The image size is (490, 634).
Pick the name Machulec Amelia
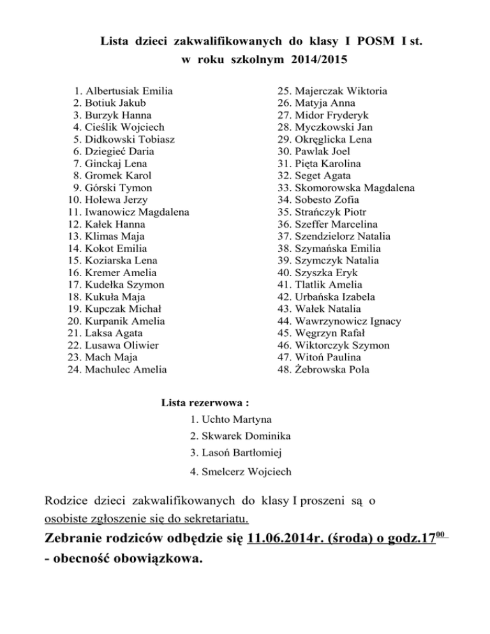[122, 369]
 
